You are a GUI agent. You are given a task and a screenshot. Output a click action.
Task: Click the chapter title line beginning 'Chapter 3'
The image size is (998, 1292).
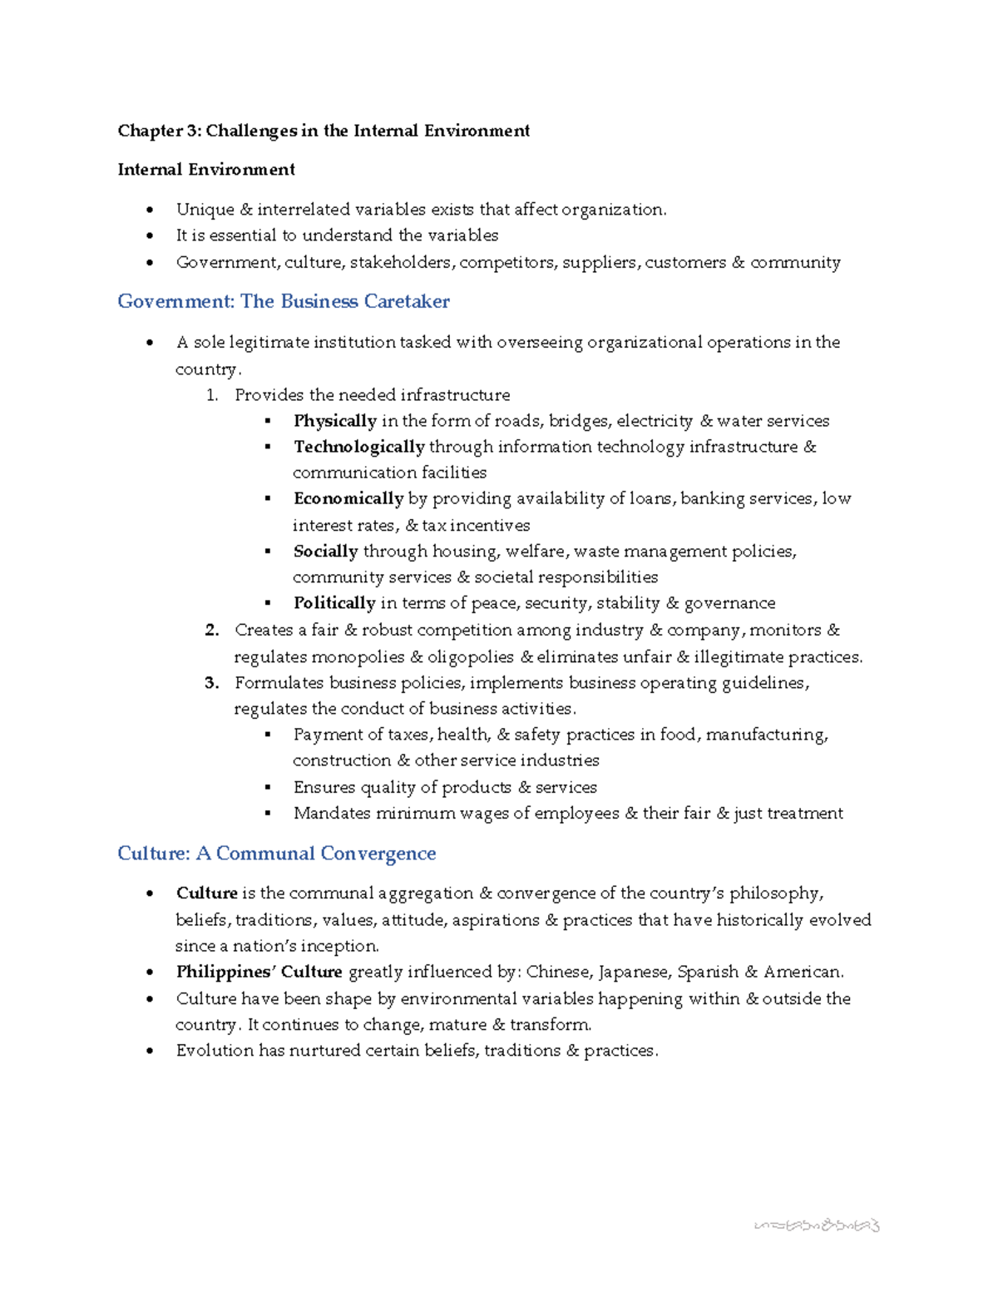(x=324, y=131)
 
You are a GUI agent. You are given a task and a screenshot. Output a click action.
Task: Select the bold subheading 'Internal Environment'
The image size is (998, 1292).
(x=206, y=170)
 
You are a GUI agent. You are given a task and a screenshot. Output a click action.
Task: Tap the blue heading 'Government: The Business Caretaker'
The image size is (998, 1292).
(x=284, y=301)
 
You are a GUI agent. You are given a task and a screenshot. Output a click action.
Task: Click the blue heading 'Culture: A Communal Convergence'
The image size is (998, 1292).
(x=277, y=854)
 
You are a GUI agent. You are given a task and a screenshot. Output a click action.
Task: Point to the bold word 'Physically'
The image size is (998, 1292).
(x=334, y=421)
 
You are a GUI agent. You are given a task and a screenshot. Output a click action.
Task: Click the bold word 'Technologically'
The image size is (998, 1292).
(x=358, y=447)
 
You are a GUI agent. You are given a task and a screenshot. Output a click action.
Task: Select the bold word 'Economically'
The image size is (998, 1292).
(x=348, y=499)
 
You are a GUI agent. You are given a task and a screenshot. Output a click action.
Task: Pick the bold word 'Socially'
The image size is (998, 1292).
(x=325, y=552)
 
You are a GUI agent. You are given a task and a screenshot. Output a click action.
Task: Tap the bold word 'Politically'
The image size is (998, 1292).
(x=333, y=603)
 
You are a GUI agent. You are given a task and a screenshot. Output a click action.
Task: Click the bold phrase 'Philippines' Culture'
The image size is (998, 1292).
(x=259, y=972)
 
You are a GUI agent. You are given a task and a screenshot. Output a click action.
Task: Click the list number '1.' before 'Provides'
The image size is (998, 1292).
(x=212, y=395)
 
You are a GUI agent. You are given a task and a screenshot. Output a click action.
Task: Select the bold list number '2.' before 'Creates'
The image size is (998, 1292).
(x=212, y=631)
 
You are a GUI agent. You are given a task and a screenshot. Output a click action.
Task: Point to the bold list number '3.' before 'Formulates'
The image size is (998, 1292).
(x=212, y=683)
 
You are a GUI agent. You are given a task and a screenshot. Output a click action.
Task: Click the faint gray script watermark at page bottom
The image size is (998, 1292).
(x=816, y=1225)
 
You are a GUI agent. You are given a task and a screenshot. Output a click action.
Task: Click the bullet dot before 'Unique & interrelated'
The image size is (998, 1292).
(x=150, y=210)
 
